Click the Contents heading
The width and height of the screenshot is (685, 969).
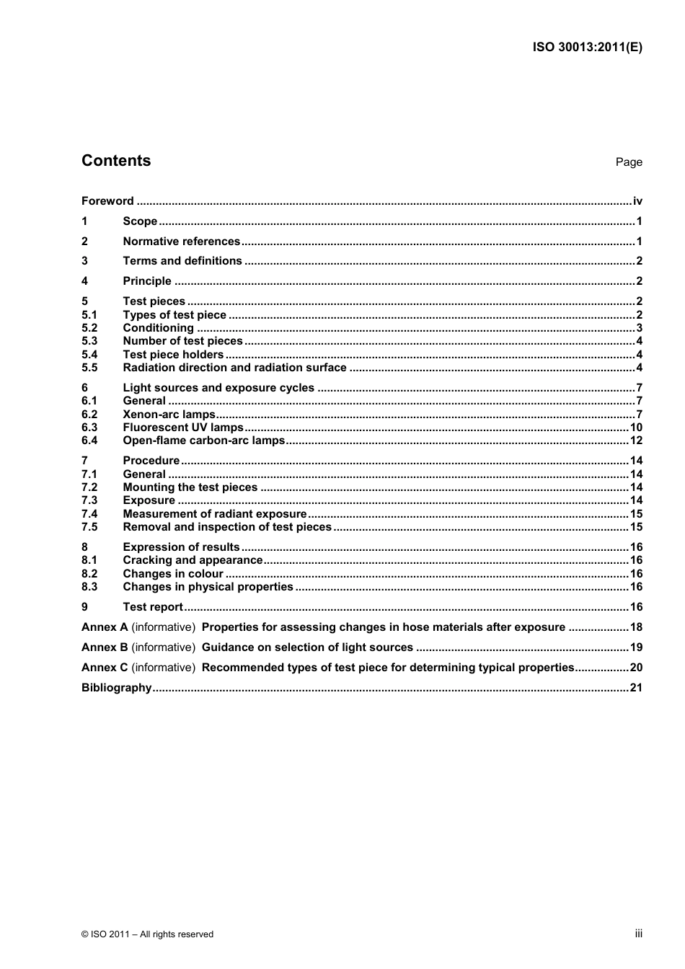click(116, 161)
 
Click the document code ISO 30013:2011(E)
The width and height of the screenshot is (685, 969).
click(587, 48)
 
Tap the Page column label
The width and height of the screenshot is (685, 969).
click(628, 162)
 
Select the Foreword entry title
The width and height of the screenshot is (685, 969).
click(107, 201)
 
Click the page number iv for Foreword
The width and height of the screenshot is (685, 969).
click(637, 201)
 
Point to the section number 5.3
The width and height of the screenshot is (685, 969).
click(89, 341)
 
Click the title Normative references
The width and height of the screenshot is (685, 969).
click(181, 242)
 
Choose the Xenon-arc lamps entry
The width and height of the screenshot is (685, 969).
click(169, 415)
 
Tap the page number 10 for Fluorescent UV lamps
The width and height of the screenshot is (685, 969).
click(635, 428)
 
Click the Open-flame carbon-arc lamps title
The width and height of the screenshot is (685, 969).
click(203, 441)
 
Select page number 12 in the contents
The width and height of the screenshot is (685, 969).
click(635, 441)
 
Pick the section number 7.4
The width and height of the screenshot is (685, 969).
click(89, 514)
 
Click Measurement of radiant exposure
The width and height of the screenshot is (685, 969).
click(214, 514)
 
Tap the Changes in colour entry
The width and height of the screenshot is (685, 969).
click(173, 574)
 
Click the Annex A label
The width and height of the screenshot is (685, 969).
click(105, 627)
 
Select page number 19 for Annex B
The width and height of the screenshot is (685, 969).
click(635, 647)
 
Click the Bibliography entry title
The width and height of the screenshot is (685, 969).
click(116, 688)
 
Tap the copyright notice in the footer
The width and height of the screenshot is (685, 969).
click(147, 934)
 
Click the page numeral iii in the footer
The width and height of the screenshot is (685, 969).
click(638, 934)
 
